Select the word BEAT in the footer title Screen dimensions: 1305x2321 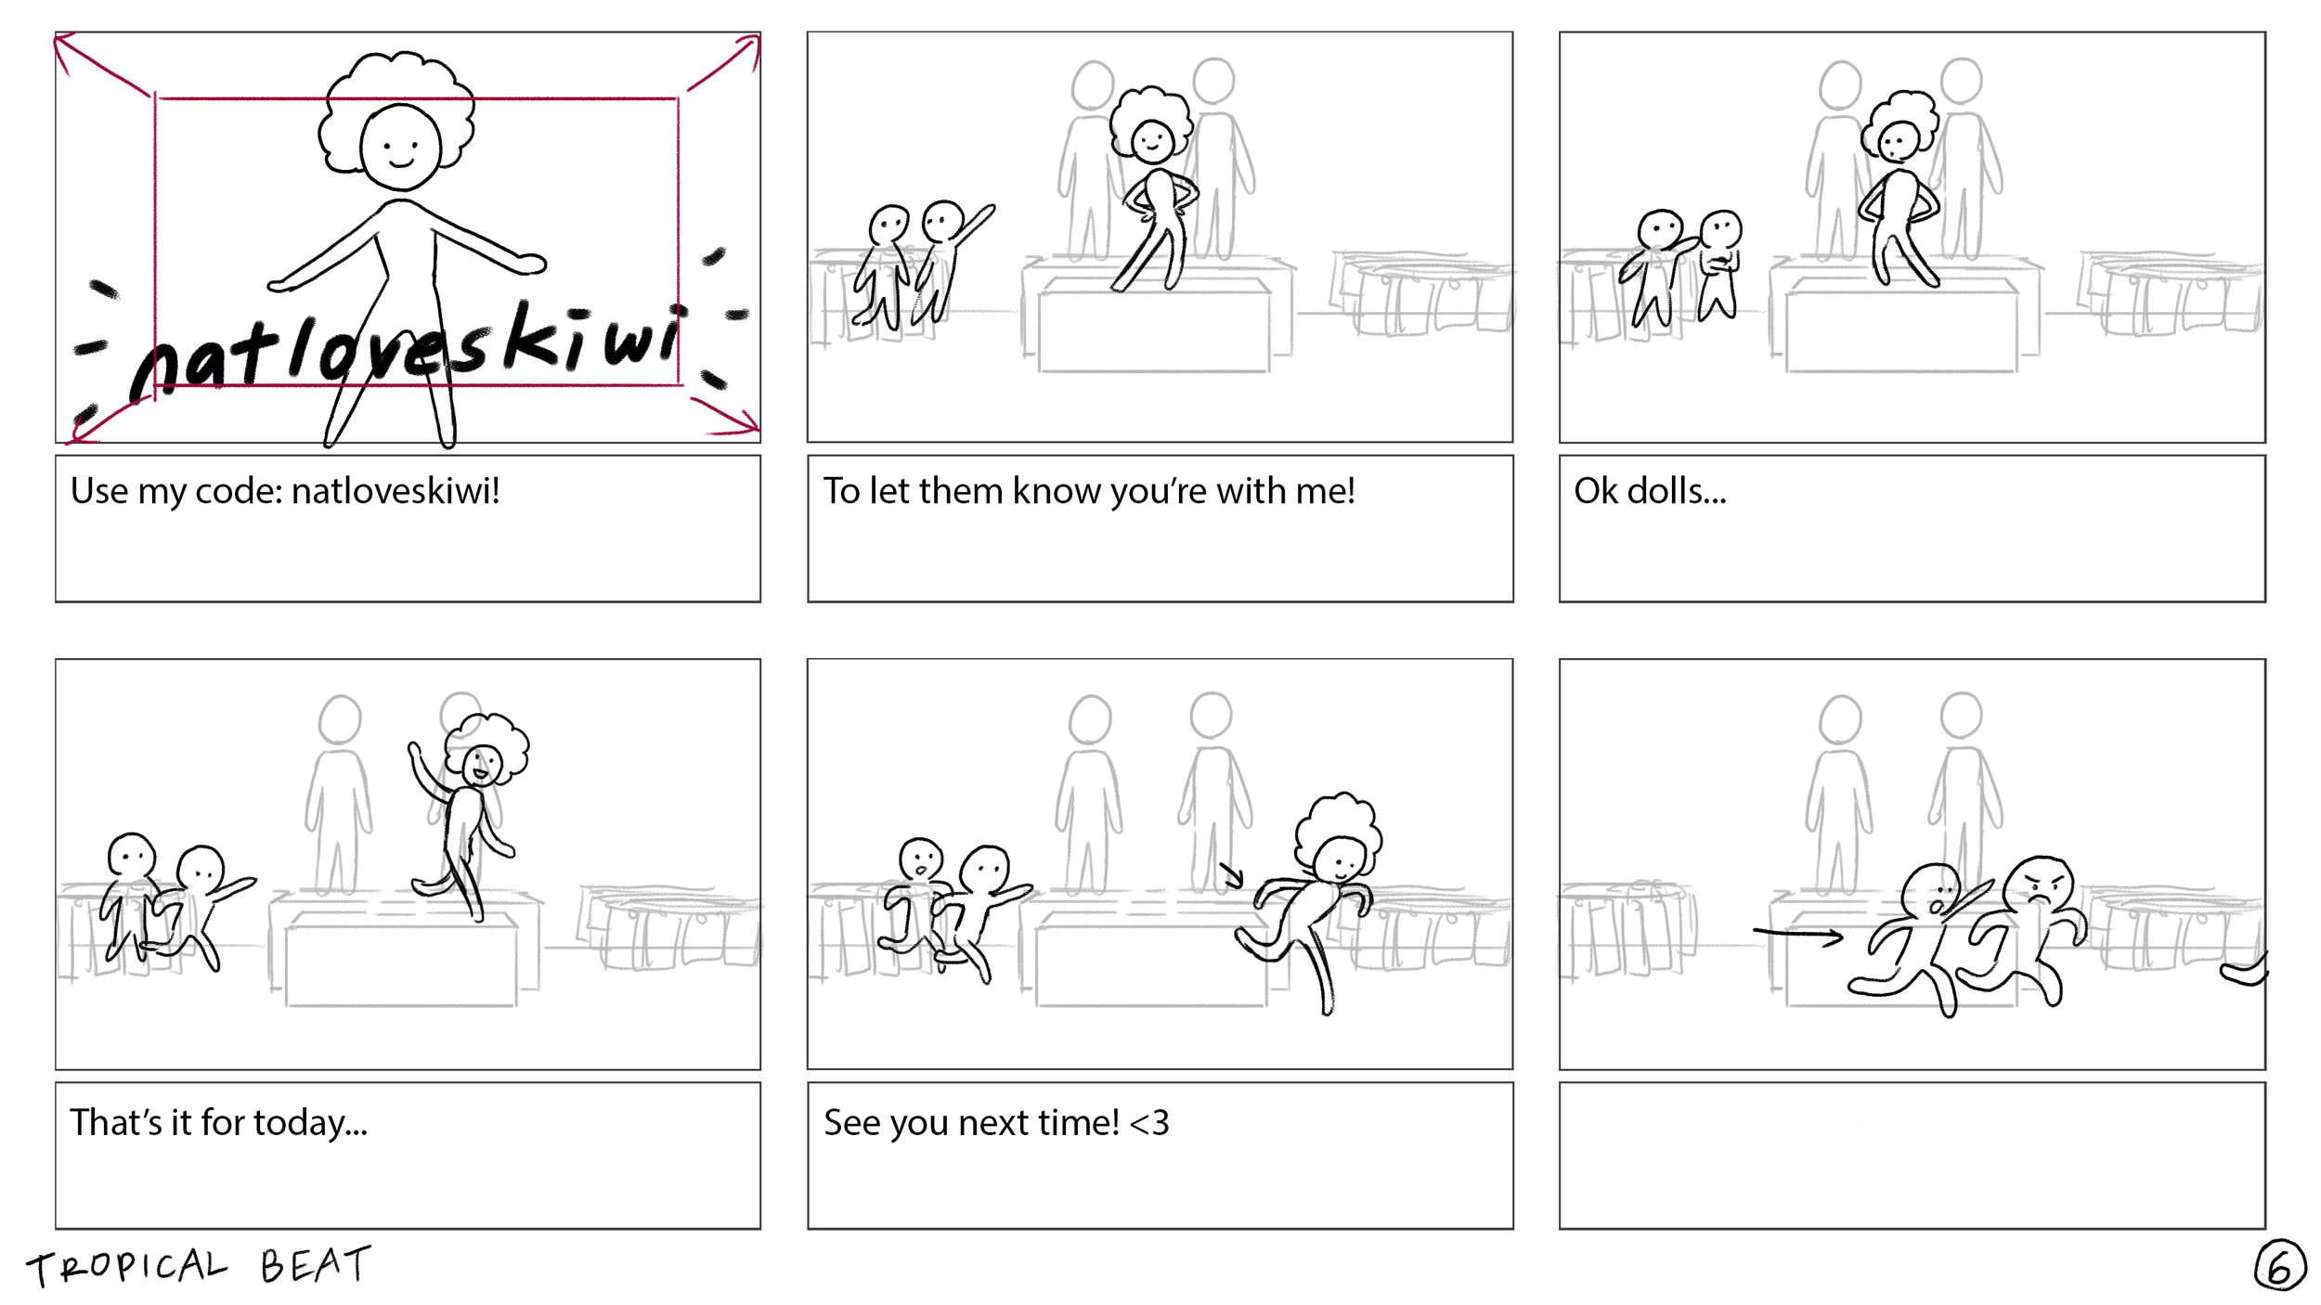coord(315,1264)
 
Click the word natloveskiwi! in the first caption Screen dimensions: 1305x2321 coord(395,491)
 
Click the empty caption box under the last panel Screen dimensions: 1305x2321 coord(1912,1156)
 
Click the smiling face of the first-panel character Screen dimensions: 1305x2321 coord(400,149)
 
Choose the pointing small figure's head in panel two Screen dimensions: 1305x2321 coord(943,221)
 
